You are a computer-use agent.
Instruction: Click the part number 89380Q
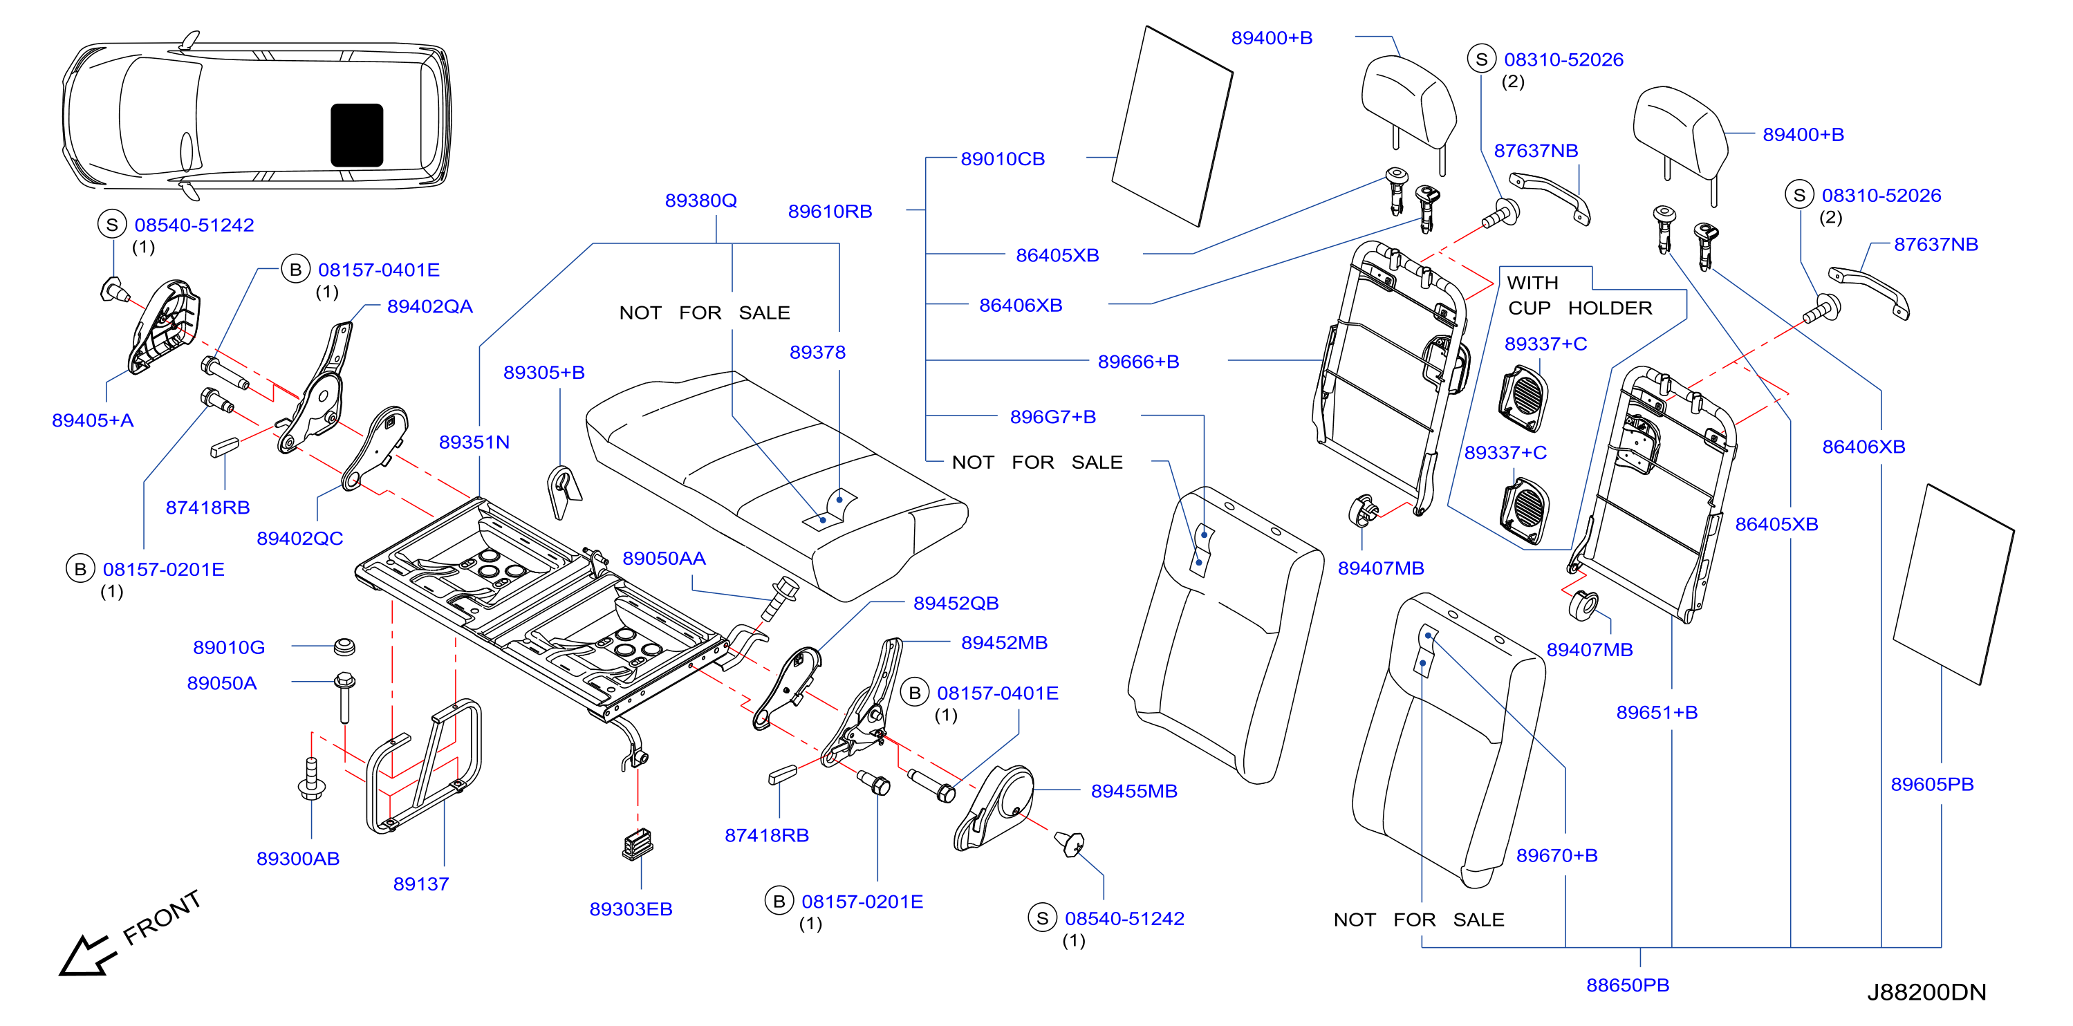700,200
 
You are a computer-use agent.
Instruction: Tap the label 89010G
229,647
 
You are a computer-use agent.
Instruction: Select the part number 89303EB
631,908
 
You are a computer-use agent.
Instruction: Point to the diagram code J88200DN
1926,992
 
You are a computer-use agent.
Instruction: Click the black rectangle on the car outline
357,136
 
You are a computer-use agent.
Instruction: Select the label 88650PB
1627,985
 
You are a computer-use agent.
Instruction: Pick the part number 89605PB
1932,784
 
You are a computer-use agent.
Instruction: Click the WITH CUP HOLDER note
1579,295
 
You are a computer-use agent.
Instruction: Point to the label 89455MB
1134,791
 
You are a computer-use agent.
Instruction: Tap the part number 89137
421,884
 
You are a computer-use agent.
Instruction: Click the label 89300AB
298,859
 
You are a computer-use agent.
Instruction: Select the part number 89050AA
664,559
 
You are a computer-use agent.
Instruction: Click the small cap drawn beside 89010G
344,646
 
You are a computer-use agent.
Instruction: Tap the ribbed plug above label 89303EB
638,844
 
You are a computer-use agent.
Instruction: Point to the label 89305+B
544,373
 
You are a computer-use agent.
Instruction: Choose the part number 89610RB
830,211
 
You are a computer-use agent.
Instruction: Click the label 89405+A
93,420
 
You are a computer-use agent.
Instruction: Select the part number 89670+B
1556,855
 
